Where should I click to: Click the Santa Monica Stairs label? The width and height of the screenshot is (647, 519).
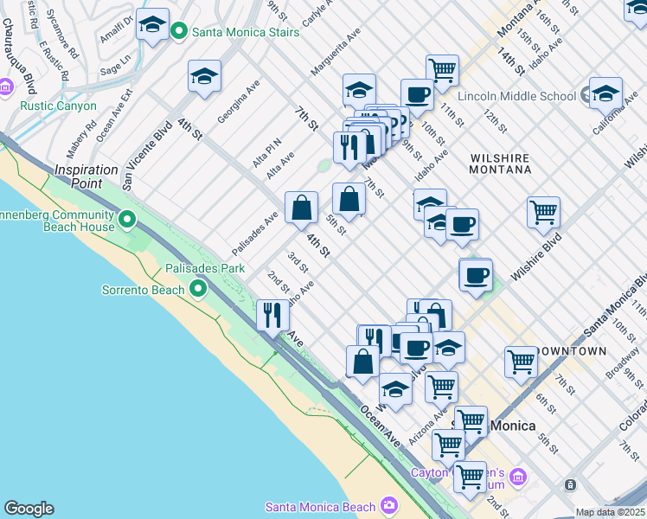click(247, 33)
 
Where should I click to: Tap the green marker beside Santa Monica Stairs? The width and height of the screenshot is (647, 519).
click(180, 33)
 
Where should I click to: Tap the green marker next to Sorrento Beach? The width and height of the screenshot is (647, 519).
click(199, 289)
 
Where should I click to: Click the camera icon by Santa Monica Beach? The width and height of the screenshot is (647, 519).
click(389, 506)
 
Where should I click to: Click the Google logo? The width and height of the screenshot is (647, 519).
click(29, 509)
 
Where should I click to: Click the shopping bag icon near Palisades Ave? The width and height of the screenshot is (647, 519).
click(301, 208)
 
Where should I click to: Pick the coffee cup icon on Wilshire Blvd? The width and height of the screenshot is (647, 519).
click(475, 275)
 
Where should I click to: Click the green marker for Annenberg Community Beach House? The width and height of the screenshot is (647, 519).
click(127, 220)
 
